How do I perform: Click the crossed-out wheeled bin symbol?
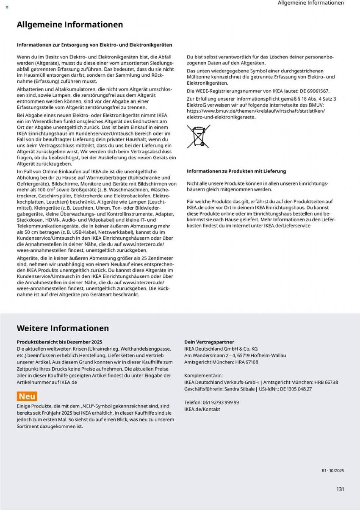click(x=196, y=136)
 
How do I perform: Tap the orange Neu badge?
click(x=27, y=396)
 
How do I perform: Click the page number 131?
click(x=340, y=489)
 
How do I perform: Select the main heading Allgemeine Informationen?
click(x=70, y=25)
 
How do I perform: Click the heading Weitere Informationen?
click(x=63, y=328)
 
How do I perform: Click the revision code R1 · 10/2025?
click(x=333, y=471)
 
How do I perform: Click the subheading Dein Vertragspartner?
click(x=209, y=342)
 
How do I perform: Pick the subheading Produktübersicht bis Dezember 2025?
click(x=59, y=342)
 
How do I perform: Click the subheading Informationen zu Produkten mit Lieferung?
click(x=236, y=171)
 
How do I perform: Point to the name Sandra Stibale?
click(x=240, y=389)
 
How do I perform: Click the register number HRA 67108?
click(x=246, y=362)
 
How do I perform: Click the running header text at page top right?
click(x=310, y=3)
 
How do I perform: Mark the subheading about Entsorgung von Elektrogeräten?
click(x=94, y=44)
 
